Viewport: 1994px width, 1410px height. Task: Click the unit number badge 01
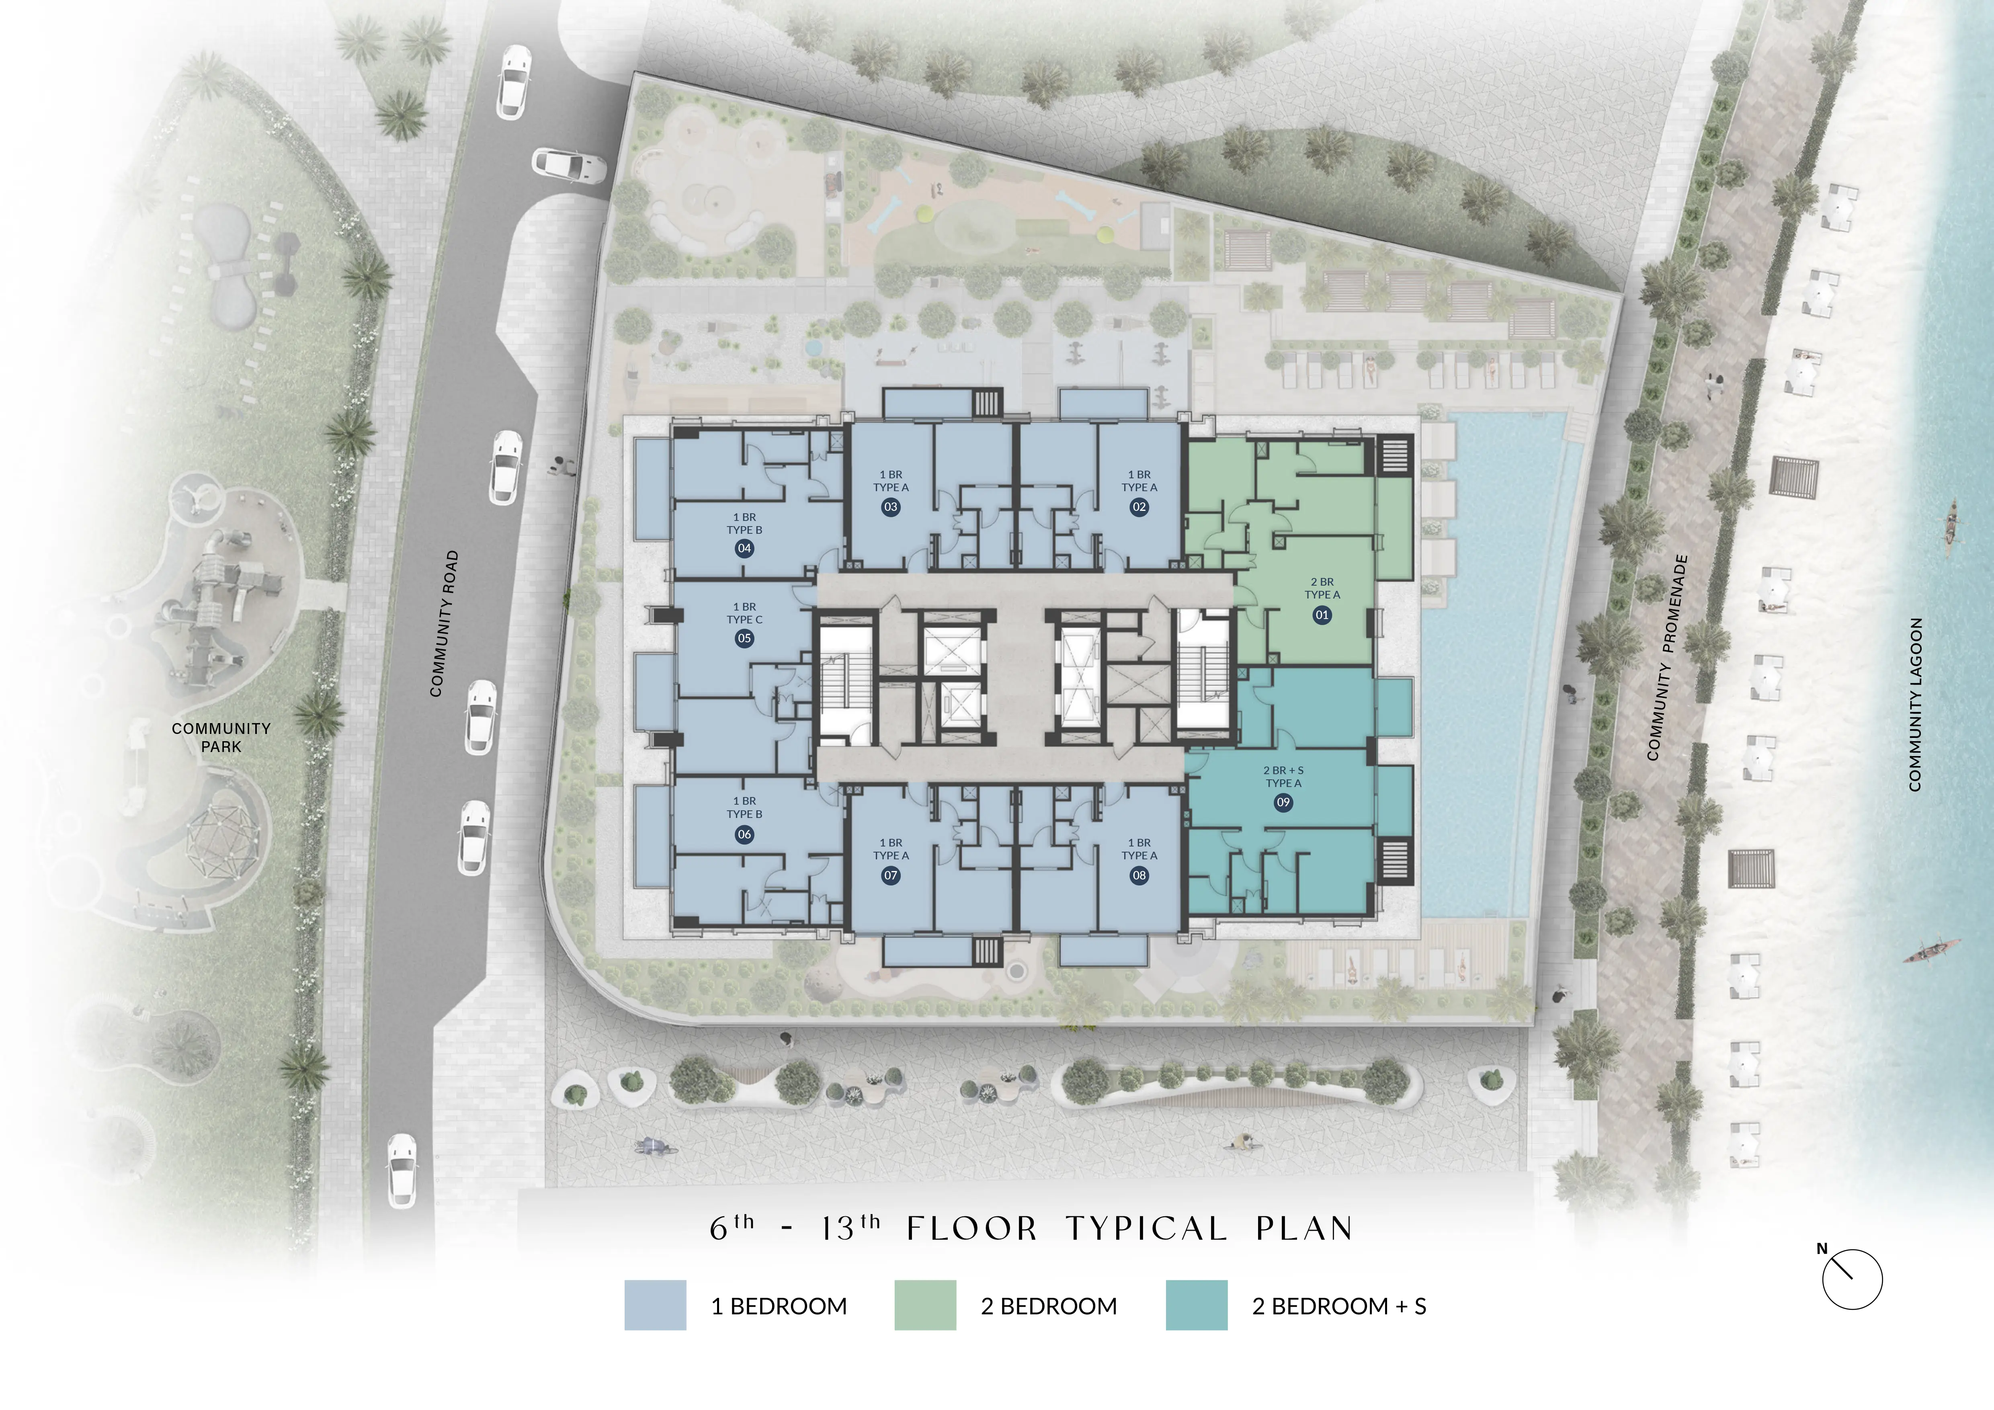pyautogui.click(x=1322, y=615)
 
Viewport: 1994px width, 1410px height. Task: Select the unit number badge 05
pyautogui.click(x=744, y=638)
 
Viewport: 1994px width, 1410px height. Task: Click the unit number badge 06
pyautogui.click(x=744, y=834)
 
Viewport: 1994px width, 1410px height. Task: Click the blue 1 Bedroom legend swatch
pyautogui.click(x=655, y=1305)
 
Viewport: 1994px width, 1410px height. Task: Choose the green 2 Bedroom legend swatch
pyautogui.click(x=925, y=1305)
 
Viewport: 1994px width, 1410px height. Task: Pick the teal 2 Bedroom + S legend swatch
pyautogui.click(x=1196, y=1305)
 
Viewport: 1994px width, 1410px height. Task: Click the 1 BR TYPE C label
pyautogui.click(x=744, y=613)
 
